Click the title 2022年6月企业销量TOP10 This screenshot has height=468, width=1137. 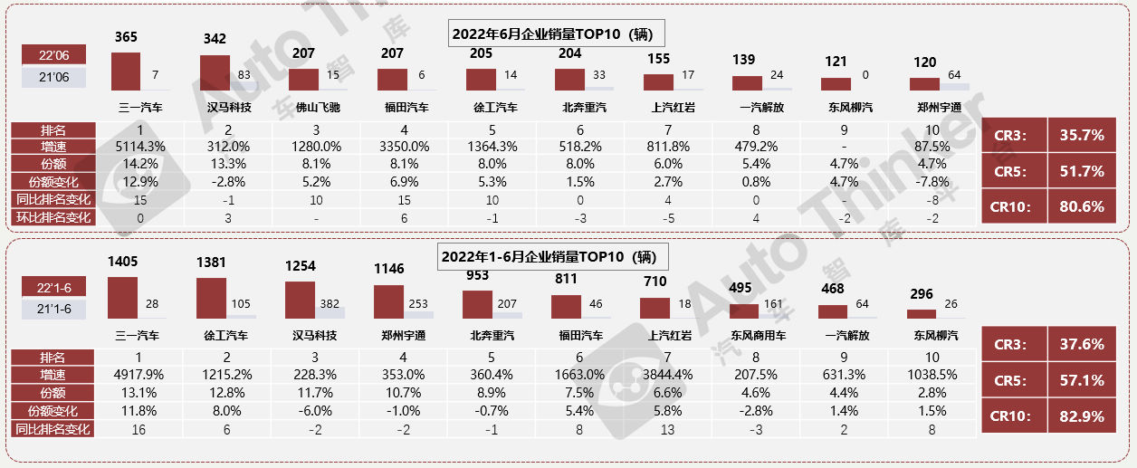click(x=557, y=33)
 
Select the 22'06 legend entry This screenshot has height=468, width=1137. click(x=54, y=55)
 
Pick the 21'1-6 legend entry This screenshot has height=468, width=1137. click(x=54, y=309)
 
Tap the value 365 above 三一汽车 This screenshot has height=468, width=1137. click(x=127, y=37)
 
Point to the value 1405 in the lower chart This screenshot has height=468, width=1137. click(x=123, y=262)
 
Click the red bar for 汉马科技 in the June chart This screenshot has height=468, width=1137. click(x=215, y=73)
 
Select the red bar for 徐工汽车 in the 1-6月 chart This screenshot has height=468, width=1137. click(x=211, y=298)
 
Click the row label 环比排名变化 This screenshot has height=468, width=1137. click(x=53, y=218)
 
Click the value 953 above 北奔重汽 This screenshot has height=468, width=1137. click(x=477, y=275)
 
